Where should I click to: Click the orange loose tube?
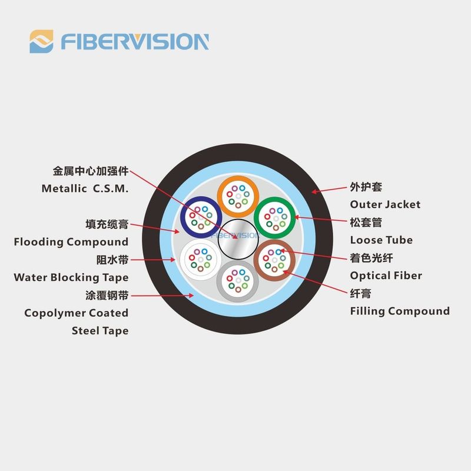[x=238, y=196]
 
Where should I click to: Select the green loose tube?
[x=275, y=218]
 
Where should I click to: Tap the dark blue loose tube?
[x=201, y=217]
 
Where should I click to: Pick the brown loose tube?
[x=274, y=260]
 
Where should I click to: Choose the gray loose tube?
[x=238, y=281]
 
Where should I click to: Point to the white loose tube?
[x=201, y=260]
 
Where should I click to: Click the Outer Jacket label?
[x=385, y=204]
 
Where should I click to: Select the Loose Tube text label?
[x=381, y=240]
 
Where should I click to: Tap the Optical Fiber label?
[x=386, y=276]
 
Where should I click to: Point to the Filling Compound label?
[x=400, y=311]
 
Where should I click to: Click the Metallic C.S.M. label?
[x=85, y=188]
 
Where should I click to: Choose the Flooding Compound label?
[x=71, y=242]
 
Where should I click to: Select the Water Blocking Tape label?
[x=71, y=277]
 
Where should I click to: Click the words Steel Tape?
[x=100, y=331]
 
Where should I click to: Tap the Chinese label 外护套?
[x=366, y=187]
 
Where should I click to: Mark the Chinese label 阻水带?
[x=112, y=260]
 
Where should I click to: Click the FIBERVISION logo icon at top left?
[x=41, y=41]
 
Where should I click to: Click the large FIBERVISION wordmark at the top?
[x=135, y=41]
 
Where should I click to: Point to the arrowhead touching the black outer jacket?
[x=314, y=191]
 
